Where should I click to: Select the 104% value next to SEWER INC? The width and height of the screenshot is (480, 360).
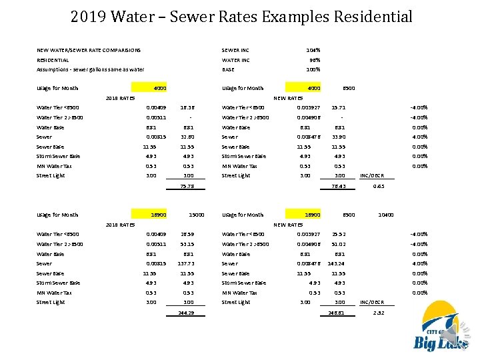pos(313,50)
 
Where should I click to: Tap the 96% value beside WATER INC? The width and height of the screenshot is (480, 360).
pos(314,60)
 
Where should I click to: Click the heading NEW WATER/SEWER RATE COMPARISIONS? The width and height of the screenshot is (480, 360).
pos(88,50)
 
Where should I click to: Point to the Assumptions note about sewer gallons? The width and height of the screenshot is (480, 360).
pos(90,69)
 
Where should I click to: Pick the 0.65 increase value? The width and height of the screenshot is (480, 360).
pos(378,187)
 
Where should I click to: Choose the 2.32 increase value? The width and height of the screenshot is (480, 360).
pos(378,313)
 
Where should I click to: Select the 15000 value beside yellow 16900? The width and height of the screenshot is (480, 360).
pos(195,215)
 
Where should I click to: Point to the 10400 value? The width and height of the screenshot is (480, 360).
pos(385,215)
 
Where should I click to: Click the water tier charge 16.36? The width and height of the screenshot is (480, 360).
pos(187,107)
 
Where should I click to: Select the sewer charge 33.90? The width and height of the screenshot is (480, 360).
pos(338,137)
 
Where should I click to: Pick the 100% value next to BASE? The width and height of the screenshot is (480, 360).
pos(313,69)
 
